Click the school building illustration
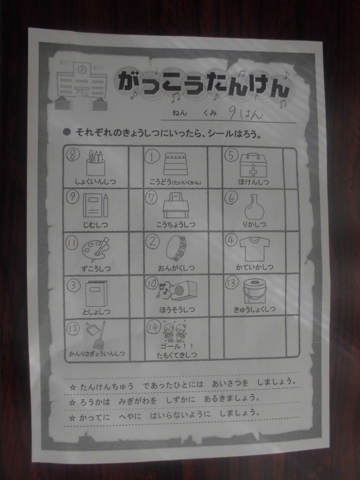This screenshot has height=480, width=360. tap(82, 86)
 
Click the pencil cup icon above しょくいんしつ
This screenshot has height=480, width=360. tap(96, 163)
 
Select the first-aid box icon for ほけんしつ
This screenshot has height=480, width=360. tap(253, 165)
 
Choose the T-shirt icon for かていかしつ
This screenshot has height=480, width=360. tap(254, 248)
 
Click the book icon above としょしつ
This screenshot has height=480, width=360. tap(96, 294)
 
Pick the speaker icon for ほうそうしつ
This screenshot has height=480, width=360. tap(177, 291)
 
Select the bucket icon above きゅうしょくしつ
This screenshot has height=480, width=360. tap(254, 291)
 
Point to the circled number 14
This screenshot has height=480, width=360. tap(154, 327)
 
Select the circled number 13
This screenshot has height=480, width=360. tap(231, 283)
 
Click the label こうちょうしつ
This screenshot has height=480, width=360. tap(175, 225)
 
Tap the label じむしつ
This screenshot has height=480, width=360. tap(95, 225)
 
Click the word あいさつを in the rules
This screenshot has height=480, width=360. tap(230, 383)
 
